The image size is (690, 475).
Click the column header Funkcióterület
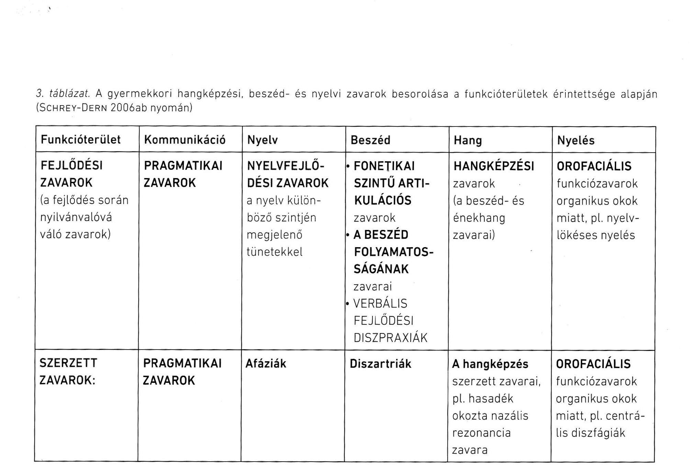pyautogui.click(x=81, y=140)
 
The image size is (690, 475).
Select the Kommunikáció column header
pyautogui.click(x=185, y=140)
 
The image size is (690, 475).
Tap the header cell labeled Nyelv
pyautogui.click(x=262, y=140)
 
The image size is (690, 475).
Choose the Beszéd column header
pyautogui.click(x=370, y=140)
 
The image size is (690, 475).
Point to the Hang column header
pyautogui.click(x=468, y=140)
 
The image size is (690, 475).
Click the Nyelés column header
pyautogui.click(x=576, y=140)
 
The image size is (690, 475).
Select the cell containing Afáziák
pyautogui.click(x=266, y=364)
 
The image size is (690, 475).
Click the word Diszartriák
pyautogui.click(x=380, y=364)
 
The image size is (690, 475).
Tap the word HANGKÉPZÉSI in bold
pyautogui.click(x=494, y=166)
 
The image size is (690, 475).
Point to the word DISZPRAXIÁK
pyautogui.click(x=391, y=338)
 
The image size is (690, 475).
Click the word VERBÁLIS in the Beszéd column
pyautogui.click(x=380, y=303)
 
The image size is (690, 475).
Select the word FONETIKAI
pyautogui.click(x=384, y=166)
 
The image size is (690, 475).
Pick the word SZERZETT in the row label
pyautogui.click(x=69, y=363)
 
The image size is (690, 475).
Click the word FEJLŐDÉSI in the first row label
pyautogui.click(x=72, y=166)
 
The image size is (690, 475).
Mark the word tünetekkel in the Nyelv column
pyautogui.click(x=275, y=252)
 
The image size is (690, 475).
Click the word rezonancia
pyautogui.click(x=481, y=433)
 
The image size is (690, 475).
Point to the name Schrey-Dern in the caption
pyautogui.click(x=73, y=108)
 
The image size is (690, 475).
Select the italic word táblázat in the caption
pyautogui.click(x=70, y=93)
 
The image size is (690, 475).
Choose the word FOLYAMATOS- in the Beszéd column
pyautogui.click(x=394, y=252)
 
